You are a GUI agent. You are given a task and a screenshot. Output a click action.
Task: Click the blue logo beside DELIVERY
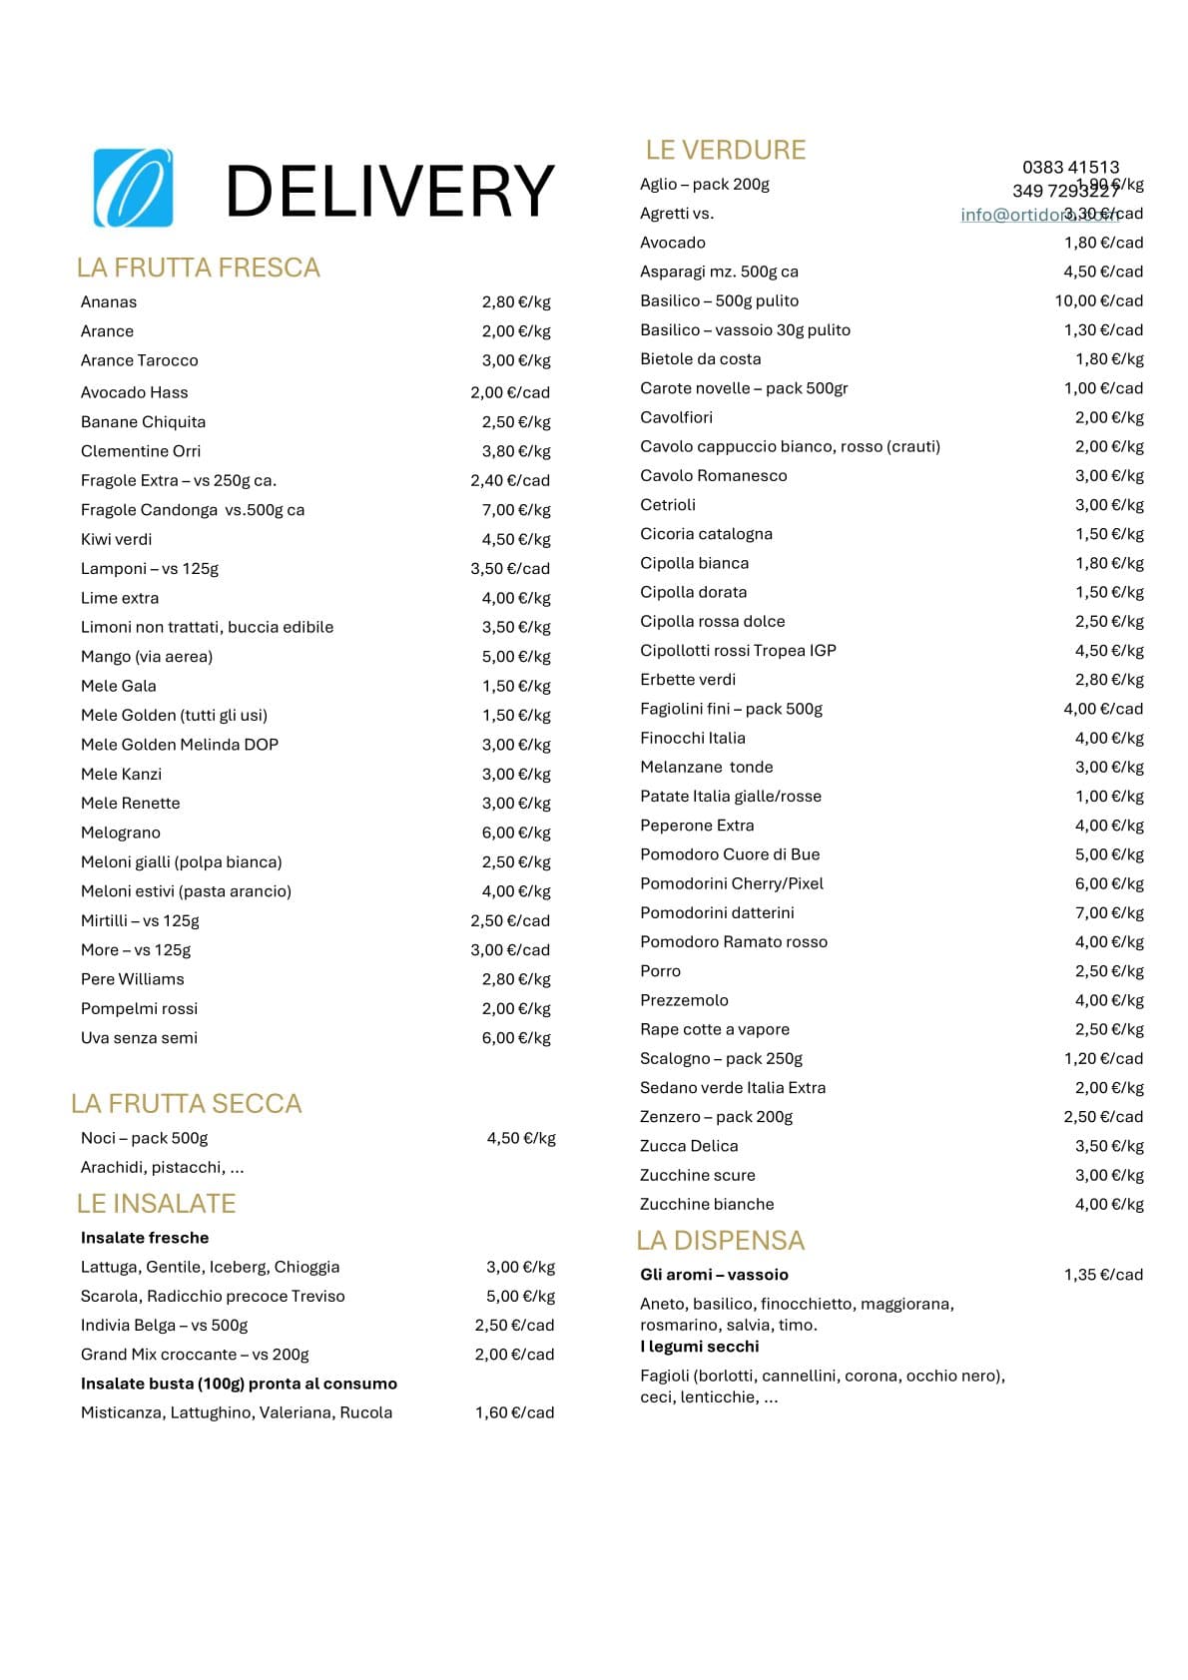pyautogui.click(x=133, y=188)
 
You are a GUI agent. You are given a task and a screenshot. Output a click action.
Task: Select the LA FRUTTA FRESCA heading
pyautogui.click(x=198, y=268)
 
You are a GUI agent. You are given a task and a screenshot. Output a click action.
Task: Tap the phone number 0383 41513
pyautogui.click(x=1070, y=167)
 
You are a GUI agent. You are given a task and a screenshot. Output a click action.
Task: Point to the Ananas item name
pyautogui.click(x=109, y=301)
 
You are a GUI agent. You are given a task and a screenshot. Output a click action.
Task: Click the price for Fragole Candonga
pyautogui.click(x=515, y=510)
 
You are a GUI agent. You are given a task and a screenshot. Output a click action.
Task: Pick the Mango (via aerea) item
pyautogui.click(x=147, y=656)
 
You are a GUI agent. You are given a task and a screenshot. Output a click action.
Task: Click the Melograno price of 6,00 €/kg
pyautogui.click(x=515, y=833)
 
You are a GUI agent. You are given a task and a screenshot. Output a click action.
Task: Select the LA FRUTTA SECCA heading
pyautogui.click(x=186, y=1103)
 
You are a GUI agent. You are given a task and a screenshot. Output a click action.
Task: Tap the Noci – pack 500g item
pyautogui.click(x=144, y=1138)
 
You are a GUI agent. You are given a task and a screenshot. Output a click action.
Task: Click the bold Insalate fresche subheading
pyautogui.click(x=145, y=1238)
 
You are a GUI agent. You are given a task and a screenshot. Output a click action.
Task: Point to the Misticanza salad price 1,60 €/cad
pyautogui.click(x=514, y=1412)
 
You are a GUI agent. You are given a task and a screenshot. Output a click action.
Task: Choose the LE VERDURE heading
pyautogui.click(x=725, y=150)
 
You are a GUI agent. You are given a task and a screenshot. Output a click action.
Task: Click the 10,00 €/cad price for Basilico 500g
pyautogui.click(x=1098, y=300)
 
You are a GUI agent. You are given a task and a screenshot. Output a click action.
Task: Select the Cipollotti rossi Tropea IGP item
pyautogui.click(x=738, y=650)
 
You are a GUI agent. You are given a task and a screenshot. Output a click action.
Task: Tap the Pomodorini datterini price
pyautogui.click(x=1108, y=912)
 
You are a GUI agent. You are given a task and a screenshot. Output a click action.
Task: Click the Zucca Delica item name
pyautogui.click(x=689, y=1146)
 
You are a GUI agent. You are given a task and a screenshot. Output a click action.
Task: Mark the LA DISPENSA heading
pyautogui.click(x=720, y=1240)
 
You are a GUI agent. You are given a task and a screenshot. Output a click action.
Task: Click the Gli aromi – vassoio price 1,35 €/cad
pyautogui.click(x=1103, y=1275)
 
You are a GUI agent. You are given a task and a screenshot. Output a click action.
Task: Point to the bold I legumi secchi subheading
pyautogui.click(x=700, y=1347)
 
